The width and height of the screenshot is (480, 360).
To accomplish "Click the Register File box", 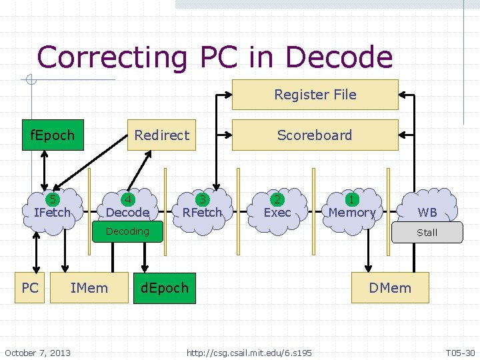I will pos(315,95).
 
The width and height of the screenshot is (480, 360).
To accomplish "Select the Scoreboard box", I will pos(315,135).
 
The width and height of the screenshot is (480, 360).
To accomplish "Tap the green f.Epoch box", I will pos(53,135).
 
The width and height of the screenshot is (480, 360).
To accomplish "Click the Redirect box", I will pos(161,135).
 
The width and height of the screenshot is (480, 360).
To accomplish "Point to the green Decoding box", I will pos(127,231).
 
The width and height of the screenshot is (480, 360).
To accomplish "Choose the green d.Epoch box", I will pos(165,288).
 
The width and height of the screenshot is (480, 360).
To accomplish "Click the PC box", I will pos(30,288).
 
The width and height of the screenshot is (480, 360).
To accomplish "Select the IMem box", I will pos(89,288).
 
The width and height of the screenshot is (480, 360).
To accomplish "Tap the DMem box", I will pos(391,288).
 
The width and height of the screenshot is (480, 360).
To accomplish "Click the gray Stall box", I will pos(427,232).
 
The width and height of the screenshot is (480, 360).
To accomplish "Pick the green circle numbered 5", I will pos(51,199).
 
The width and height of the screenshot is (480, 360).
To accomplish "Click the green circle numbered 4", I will pos(127,199).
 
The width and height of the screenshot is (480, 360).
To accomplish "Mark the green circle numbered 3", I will pos(202,199).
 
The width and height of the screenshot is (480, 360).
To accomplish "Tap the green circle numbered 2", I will pos(277,199).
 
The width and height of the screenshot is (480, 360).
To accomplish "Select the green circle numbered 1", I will pos(351,199).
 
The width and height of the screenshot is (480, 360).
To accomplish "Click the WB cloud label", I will pos(427,213).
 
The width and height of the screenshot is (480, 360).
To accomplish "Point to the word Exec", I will pos(277,213).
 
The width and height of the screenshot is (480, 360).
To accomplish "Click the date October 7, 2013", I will pos(37,352).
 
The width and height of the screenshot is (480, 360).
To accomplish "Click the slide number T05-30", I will pos(460,352).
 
